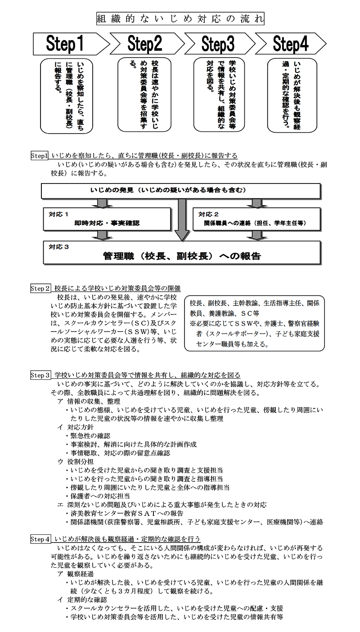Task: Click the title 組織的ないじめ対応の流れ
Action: coord(180,19)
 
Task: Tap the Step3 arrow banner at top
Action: coord(218,44)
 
